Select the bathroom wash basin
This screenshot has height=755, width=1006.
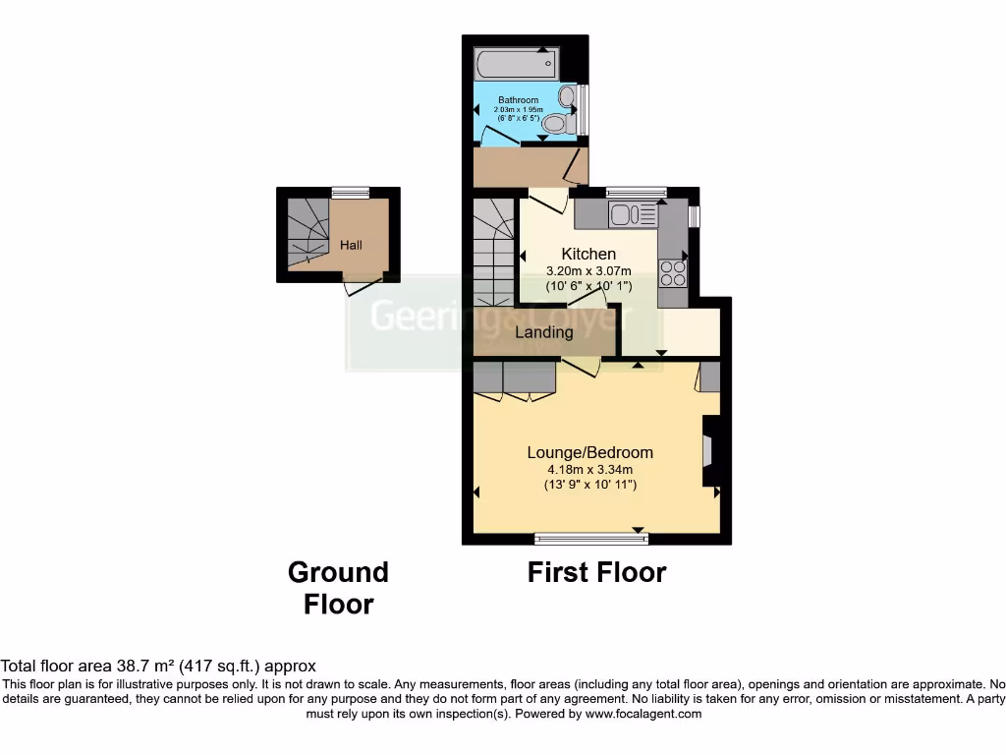[566, 96]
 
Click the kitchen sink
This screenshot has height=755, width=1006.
[625, 213]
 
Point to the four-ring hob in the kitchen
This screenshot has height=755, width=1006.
[673, 271]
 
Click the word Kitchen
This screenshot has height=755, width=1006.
[588, 254]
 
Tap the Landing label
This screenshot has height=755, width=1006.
[544, 332]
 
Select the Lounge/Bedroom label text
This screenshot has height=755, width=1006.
[589, 452]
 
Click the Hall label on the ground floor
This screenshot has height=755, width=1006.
[351, 244]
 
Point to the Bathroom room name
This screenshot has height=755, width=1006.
[518, 100]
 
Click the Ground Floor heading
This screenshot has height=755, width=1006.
[338, 588]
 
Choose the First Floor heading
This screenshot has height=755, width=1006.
[596, 572]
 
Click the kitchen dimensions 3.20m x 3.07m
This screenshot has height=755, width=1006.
[588, 270]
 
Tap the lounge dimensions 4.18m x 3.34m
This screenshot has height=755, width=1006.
[589, 469]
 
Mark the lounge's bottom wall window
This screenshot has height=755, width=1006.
[591, 538]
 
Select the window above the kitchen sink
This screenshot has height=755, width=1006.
[636, 191]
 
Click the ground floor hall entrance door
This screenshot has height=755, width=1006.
[361, 286]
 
